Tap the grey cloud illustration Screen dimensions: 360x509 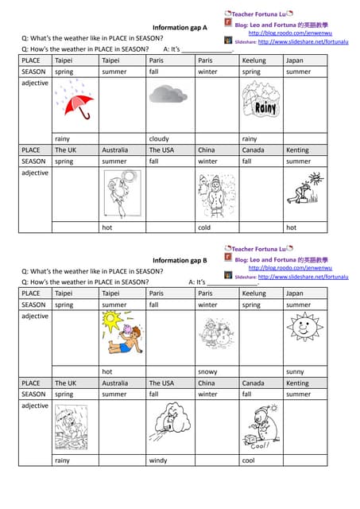pos(168,95)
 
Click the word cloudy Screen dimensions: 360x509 pos(159,138)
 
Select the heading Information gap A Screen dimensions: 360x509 pos(180,27)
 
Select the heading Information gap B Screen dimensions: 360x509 pos(180,260)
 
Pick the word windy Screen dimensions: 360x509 pos(158,460)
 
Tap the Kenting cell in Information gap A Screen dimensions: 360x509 pos(297,150)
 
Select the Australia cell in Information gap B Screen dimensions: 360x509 pos(114,383)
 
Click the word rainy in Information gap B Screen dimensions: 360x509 pos(61,460)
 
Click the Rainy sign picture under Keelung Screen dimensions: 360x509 pos(260,101)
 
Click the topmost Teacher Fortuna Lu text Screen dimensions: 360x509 pos(258,14)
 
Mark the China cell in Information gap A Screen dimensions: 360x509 pos(206,150)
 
